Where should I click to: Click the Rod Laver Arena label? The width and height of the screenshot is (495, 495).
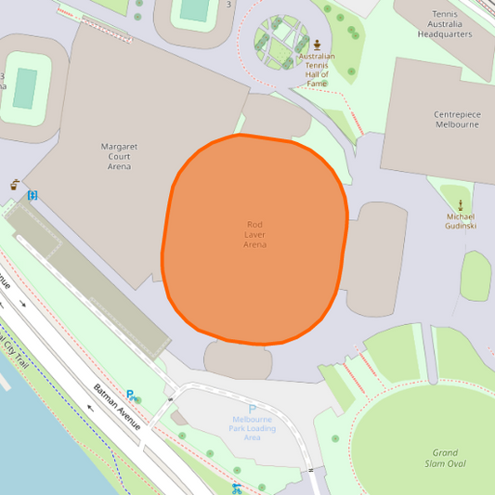(x=255, y=234)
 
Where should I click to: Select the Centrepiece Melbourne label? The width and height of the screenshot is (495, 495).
(x=457, y=120)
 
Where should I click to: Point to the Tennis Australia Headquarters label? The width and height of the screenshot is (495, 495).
(x=445, y=24)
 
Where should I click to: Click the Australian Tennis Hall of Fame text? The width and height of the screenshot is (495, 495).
(x=317, y=70)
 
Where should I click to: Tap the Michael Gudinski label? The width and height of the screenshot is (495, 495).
(x=461, y=221)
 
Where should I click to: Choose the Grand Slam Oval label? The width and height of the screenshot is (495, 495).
(x=449, y=459)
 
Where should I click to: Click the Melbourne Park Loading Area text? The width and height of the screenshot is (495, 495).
(x=252, y=428)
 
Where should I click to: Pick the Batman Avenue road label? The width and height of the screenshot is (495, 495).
(x=116, y=406)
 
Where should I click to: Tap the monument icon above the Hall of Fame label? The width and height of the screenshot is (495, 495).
(x=318, y=45)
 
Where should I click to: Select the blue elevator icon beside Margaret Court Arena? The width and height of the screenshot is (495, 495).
(x=33, y=195)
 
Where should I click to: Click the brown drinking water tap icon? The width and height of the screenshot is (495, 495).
(x=15, y=185)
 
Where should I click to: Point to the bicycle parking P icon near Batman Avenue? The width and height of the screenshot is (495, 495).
(x=132, y=395)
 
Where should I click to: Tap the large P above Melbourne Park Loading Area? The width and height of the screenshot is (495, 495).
(x=252, y=410)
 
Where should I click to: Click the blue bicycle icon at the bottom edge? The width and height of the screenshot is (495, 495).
(x=238, y=487)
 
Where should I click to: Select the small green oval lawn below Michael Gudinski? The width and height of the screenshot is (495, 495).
(x=475, y=277)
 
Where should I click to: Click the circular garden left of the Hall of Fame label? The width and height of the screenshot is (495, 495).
(x=282, y=44)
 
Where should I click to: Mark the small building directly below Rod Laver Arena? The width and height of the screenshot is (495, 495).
(x=238, y=360)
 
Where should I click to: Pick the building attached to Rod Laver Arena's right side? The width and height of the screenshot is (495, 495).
(x=376, y=258)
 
